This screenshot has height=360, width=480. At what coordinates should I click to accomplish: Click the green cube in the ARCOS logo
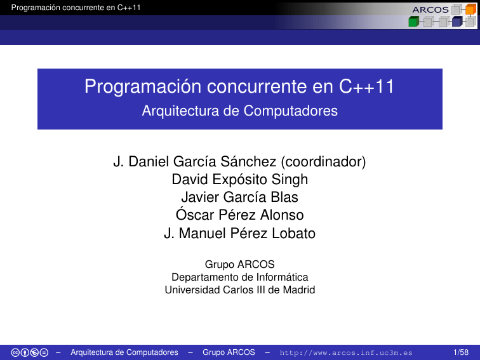413,22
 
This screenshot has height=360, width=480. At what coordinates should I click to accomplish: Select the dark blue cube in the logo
457,22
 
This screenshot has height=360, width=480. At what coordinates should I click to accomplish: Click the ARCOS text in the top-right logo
430,10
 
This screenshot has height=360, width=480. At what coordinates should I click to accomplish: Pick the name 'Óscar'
194,215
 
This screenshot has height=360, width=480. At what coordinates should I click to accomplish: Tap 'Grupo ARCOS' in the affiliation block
239,264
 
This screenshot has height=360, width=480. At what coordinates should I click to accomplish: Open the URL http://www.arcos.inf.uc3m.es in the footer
346,352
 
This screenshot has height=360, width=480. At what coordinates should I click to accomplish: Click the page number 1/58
462,352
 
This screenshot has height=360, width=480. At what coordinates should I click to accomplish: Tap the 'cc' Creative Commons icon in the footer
16,352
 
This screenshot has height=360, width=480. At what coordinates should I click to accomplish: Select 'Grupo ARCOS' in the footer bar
229,352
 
